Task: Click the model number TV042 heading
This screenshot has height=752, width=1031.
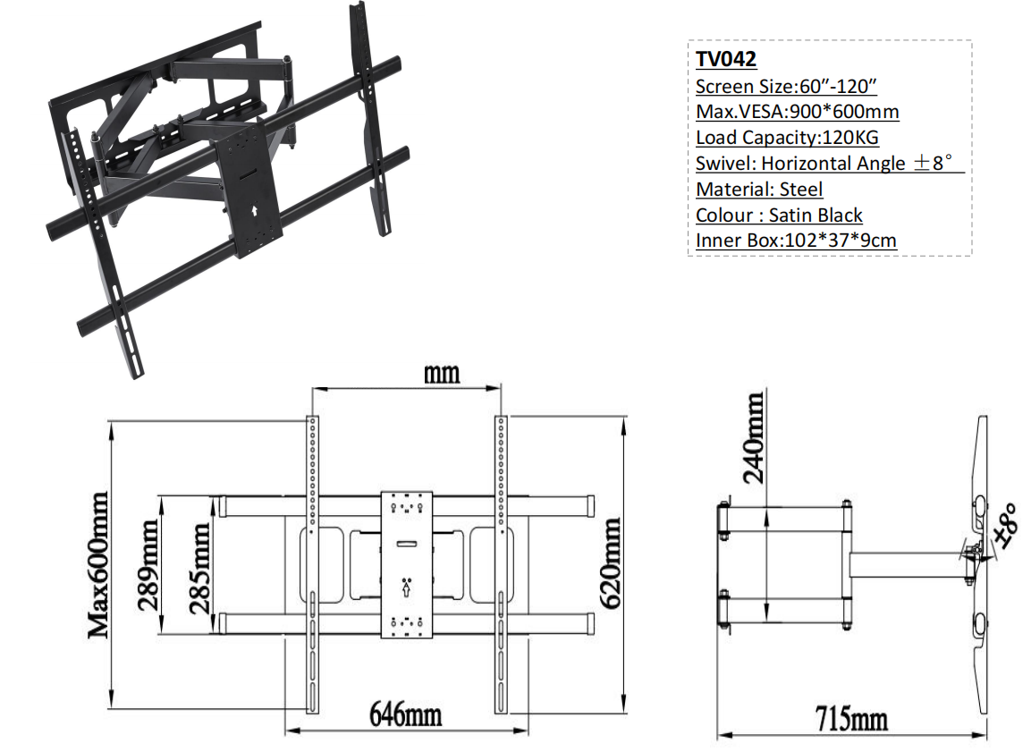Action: point(726,59)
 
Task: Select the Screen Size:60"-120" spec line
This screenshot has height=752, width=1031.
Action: point(786,86)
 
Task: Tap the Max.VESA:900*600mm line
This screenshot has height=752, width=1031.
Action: point(797,112)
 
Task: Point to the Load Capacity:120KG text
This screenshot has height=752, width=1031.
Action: point(787,138)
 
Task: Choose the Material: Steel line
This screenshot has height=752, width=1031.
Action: point(759,190)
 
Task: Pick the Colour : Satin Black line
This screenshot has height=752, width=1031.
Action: point(779,215)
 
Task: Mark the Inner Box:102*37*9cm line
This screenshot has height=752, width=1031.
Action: point(796,241)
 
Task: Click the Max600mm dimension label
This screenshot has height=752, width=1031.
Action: point(99,564)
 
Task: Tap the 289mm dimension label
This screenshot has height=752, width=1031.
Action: point(148,565)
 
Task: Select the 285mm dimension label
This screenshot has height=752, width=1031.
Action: point(200,568)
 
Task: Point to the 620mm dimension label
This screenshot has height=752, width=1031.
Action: point(610,562)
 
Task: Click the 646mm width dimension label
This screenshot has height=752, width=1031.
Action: point(405,714)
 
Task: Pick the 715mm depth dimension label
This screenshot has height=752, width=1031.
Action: point(851,719)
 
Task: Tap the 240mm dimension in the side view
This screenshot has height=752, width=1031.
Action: point(754,437)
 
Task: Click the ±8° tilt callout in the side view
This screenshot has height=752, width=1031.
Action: point(1006,525)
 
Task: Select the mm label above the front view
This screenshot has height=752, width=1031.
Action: point(441,374)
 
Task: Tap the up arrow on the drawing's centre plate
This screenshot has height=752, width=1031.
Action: point(406,589)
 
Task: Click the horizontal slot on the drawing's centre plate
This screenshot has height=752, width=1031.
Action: point(406,544)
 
